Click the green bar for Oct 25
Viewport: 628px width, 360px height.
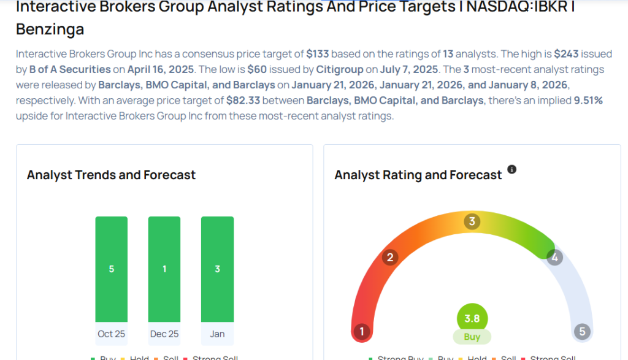tap(111, 269)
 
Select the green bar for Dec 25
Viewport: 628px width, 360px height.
tap(164, 269)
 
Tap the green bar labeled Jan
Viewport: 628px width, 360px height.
tap(217, 269)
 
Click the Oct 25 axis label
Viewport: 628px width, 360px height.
tap(111, 334)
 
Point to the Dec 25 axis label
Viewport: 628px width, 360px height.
tap(164, 334)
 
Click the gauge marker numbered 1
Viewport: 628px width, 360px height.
tap(362, 332)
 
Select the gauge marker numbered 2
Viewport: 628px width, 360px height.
tap(389, 257)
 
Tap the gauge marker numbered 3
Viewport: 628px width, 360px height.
tap(472, 221)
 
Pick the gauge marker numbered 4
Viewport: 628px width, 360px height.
tap(554, 258)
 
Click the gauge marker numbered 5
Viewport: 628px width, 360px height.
tap(582, 332)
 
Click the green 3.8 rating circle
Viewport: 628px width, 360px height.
tap(472, 318)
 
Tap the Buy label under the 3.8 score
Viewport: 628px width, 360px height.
tap(472, 337)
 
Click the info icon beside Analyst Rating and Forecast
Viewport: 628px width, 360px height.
tap(512, 169)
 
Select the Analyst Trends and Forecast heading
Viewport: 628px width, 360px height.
tap(111, 175)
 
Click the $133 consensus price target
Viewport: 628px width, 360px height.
tap(318, 53)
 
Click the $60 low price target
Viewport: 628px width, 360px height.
tap(257, 69)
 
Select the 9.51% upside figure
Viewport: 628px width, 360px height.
tap(588, 101)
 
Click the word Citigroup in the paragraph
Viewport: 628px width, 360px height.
tap(337, 69)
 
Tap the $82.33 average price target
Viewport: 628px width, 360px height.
tap(244, 101)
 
